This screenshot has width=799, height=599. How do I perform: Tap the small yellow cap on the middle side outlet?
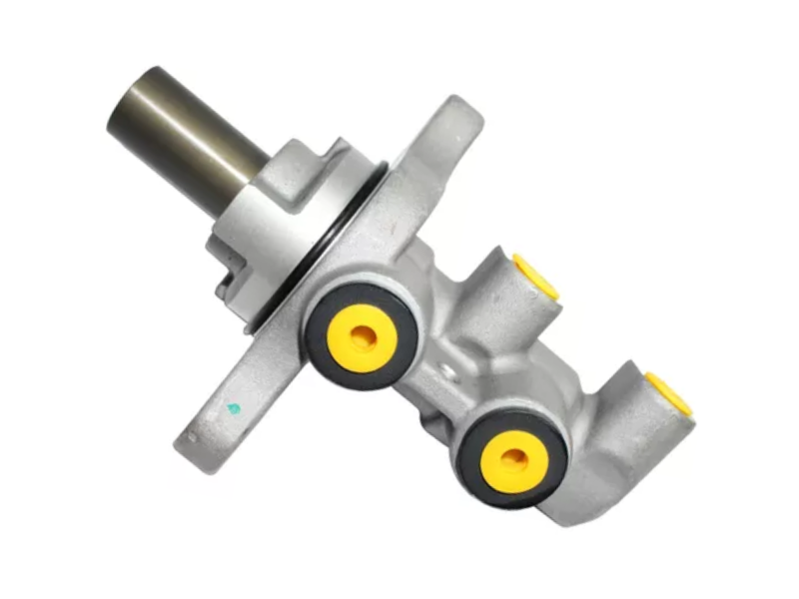pyautogui.click(x=537, y=277)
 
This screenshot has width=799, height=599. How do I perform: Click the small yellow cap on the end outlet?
pyautogui.click(x=671, y=391)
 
